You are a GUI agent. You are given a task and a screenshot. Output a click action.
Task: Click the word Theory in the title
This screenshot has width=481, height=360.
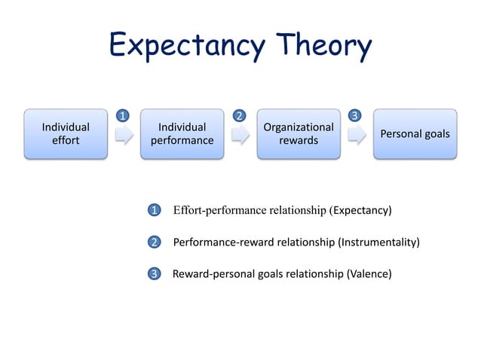[324, 47]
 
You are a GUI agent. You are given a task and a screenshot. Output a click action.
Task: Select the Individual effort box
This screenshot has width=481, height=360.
[65, 134]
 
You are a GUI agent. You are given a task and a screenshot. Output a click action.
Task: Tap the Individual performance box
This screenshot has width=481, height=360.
[182, 134]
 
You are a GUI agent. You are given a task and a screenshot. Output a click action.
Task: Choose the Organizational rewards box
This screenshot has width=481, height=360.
[299, 134]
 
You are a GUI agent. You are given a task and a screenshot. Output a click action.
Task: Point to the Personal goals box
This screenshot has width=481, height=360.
[415, 134]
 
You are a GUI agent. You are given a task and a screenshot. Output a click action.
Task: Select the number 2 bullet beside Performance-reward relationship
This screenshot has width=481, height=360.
[154, 243]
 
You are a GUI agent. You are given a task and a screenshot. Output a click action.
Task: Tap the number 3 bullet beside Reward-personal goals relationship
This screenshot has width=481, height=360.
[154, 274]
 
